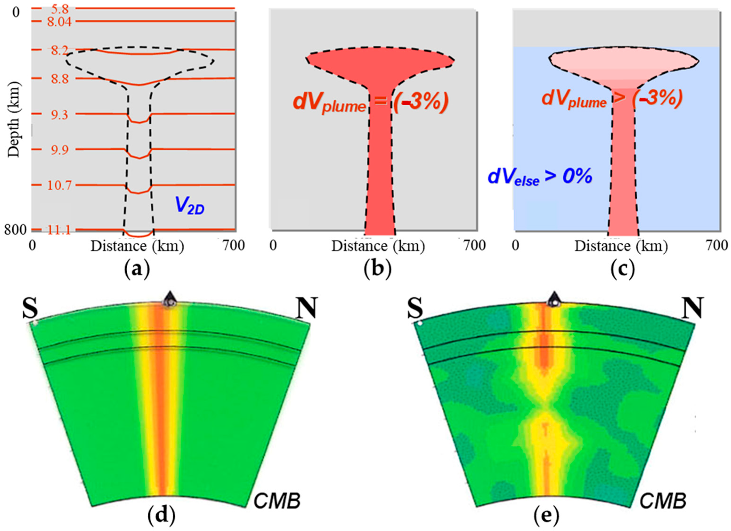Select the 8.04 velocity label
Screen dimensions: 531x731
[x=59, y=22]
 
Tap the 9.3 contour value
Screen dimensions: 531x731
[x=59, y=115]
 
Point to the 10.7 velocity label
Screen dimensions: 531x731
[x=59, y=185]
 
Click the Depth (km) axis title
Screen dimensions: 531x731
[x=14, y=119]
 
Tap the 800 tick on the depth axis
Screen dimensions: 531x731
[x=15, y=230]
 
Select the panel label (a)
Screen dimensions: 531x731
[x=137, y=270]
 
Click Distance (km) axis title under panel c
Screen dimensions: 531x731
[x=621, y=246]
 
